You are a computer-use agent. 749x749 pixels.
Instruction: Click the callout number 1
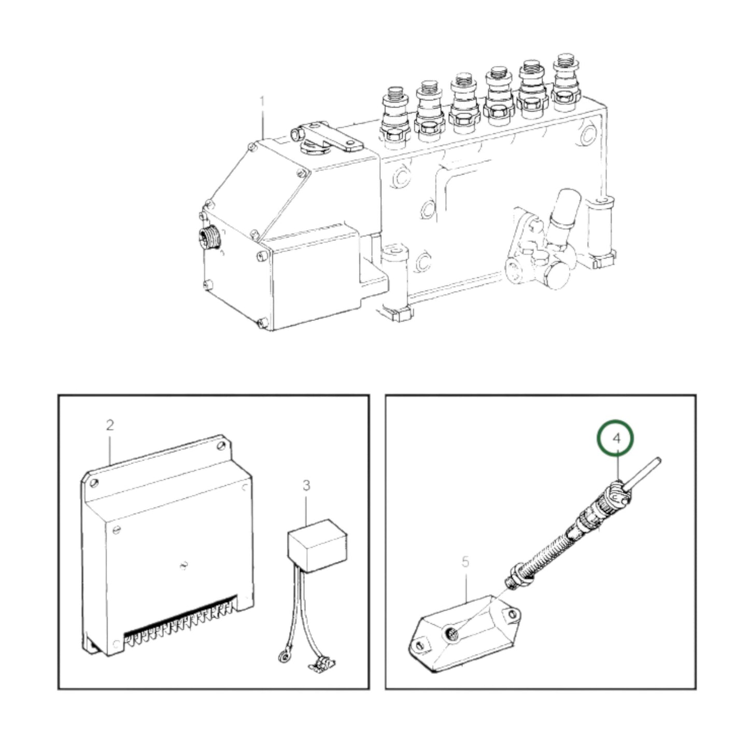(262, 101)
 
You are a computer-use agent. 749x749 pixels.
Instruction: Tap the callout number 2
(109, 425)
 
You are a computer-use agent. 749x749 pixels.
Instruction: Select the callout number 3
(306, 486)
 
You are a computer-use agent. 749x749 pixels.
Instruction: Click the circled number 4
(616, 439)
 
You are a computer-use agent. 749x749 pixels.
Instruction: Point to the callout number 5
(465, 561)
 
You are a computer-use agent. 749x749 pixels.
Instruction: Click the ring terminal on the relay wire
(282, 658)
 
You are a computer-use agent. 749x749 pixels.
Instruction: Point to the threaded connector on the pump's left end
(209, 238)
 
